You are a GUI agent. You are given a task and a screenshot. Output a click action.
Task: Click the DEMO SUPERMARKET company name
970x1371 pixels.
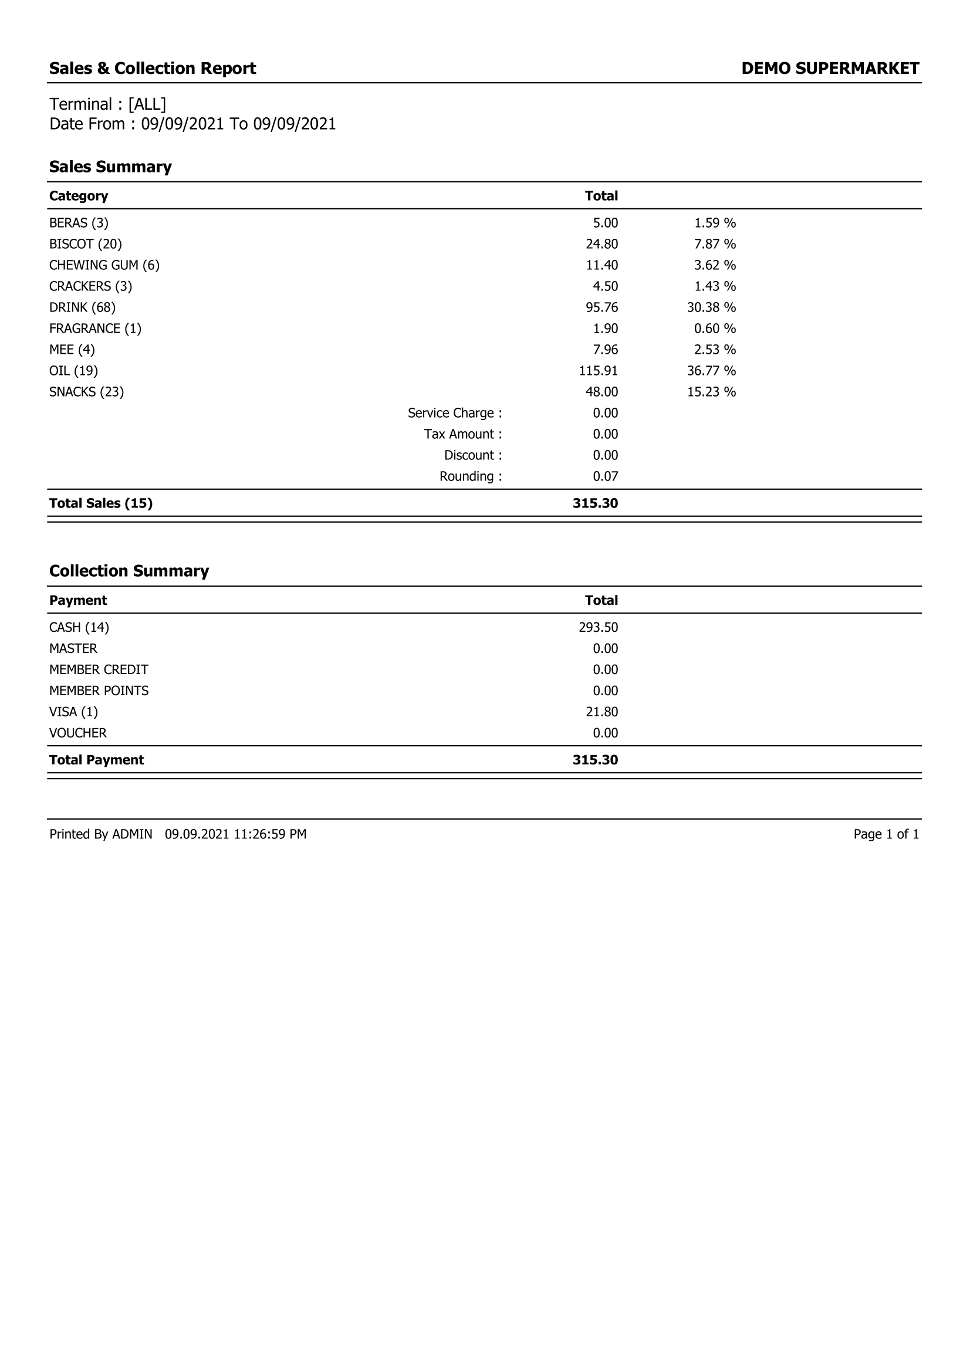click(x=830, y=69)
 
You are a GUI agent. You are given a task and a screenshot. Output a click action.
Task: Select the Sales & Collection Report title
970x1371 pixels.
click(x=153, y=69)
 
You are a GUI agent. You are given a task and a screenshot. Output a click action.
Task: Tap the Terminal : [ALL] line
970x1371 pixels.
click(x=107, y=104)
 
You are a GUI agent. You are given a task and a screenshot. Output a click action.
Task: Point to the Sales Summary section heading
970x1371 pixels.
click(x=110, y=167)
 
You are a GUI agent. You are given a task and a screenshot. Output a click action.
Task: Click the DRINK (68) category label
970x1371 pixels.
click(x=82, y=307)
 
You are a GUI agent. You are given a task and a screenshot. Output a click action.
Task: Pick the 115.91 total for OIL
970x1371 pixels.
click(x=598, y=371)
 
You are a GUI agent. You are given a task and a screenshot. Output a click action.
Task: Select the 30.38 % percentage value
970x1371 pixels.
click(x=711, y=307)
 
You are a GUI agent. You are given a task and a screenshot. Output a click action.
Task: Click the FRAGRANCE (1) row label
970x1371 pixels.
click(x=95, y=329)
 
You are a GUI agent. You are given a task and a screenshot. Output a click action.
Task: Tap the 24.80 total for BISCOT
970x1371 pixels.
click(x=601, y=244)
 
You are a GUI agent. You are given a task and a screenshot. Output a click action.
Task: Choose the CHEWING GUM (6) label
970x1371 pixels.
click(x=104, y=265)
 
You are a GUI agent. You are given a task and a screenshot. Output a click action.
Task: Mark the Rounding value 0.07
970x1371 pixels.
click(x=605, y=476)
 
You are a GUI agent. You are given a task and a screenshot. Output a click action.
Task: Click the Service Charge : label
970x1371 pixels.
click(x=455, y=413)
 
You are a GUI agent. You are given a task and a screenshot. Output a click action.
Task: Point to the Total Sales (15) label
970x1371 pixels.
click(x=100, y=503)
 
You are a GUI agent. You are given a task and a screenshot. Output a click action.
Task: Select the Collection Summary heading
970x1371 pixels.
click(x=129, y=571)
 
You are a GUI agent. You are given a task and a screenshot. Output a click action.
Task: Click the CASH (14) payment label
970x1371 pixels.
click(x=79, y=628)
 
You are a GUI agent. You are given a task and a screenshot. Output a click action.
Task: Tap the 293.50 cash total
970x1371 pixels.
click(x=598, y=628)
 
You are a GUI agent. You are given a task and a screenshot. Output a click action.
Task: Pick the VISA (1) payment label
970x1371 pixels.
click(x=73, y=712)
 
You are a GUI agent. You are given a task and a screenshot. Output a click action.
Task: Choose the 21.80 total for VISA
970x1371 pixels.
click(x=601, y=712)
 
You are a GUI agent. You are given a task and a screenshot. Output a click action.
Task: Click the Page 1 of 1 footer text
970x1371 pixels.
click(x=885, y=834)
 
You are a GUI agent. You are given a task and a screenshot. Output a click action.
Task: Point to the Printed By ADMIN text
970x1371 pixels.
click(x=100, y=834)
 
